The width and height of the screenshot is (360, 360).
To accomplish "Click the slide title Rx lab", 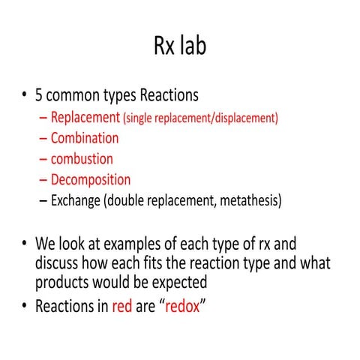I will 179,46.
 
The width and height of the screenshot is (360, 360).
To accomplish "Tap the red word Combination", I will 85,138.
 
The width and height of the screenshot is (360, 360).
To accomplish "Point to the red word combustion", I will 82,159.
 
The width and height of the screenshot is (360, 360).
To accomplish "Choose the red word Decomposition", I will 90,180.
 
